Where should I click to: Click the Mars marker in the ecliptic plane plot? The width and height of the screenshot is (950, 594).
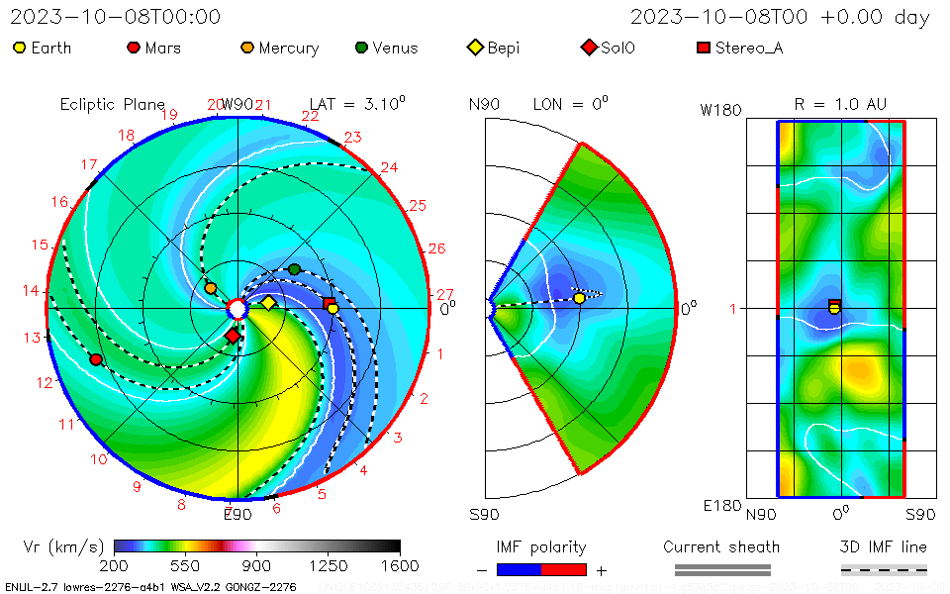[96, 359]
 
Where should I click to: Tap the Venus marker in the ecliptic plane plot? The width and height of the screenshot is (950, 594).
[294, 269]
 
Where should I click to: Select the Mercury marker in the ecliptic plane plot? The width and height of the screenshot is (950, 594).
[210, 288]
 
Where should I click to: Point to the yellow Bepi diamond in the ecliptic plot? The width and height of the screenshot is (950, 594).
[268, 302]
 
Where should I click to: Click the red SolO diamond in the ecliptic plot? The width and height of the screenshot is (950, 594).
[233, 337]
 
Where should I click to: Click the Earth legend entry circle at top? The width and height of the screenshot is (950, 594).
[19, 48]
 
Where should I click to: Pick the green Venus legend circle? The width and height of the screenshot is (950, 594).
[361, 48]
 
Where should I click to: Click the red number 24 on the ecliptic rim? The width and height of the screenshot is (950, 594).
[389, 167]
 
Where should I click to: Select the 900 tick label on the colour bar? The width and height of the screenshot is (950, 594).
[257, 565]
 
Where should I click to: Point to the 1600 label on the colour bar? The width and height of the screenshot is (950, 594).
[400, 565]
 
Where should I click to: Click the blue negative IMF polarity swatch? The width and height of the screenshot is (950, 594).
[519, 569]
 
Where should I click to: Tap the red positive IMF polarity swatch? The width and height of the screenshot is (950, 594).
[564, 569]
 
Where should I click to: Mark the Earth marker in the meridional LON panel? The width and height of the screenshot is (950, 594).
[579, 298]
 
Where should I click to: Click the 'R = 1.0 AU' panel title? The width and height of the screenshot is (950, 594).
[840, 103]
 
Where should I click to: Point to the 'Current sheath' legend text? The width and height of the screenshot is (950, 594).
[721, 546]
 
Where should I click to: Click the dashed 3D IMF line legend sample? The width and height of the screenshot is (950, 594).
[884, 569]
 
